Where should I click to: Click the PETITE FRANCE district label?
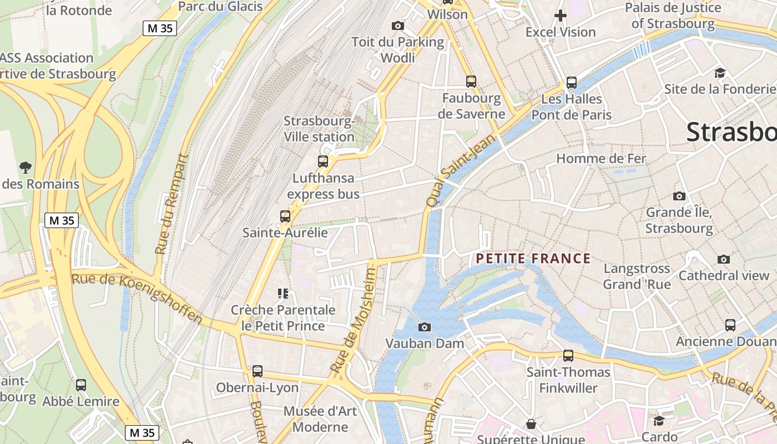(x=533, y=259)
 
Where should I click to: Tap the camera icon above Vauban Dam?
(x=425, y=327)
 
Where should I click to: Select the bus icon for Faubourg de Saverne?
(x=471, y=82)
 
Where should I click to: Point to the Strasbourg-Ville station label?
(x=319, y=129)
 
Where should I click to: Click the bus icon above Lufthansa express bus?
(x=323, y=162)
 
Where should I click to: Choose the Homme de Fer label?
(x=601, y=159)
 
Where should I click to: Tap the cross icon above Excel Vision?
(x=561, y=16)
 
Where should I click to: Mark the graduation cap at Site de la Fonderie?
(x=720, y=73)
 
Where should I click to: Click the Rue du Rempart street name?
(x=171, y=204)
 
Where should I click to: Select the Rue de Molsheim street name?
(x=354, y=321)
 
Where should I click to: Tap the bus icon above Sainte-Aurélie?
(x=285, y=216)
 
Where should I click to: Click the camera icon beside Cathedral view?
(x=724, y=259)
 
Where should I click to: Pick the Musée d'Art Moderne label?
(x=320, y=419)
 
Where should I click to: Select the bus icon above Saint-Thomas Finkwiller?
(x=568, y=355)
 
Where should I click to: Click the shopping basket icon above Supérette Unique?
(x=531, y=424)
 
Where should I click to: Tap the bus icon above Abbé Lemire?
(x=81, y=385)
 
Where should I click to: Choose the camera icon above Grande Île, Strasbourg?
(x=679, y=196)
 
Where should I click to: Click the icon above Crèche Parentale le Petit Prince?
(x=283, y=293)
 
